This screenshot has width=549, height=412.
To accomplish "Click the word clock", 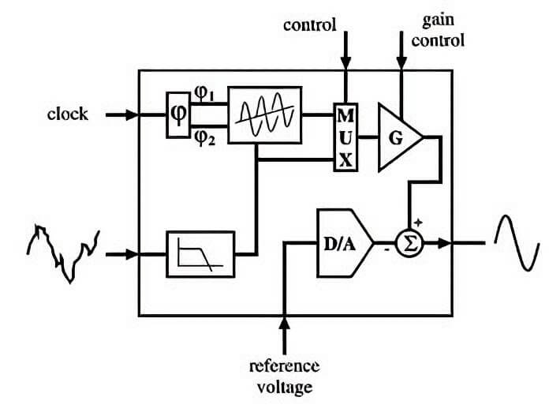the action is click(68, 114).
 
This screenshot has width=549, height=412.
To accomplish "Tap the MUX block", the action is click(345, 137).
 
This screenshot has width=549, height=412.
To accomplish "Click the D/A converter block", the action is click(345, 243).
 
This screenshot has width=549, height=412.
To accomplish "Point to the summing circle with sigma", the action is click(409, 243).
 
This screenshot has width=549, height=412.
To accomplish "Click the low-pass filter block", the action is click(200, 254).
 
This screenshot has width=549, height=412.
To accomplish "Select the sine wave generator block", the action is click(265, 115).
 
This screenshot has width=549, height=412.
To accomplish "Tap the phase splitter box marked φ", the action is click(177, 114).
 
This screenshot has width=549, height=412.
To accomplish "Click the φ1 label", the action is click(204, 94).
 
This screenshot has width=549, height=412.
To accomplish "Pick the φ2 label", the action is click(205, 138).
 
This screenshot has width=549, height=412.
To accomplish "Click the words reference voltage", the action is click(284, 377).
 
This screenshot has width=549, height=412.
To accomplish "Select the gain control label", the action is click(438, 31).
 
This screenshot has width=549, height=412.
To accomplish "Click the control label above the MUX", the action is click(309, 25).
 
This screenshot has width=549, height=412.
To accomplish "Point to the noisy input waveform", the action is click(63, 253).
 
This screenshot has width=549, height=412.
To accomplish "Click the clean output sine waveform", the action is click(517, 242).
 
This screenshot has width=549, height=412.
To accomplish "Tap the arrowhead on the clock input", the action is click(131, 114).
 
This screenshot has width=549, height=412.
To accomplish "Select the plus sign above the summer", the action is click(418, 222).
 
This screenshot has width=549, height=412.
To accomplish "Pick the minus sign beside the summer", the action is click(387, 249).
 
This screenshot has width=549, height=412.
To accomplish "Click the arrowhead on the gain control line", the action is click(401, 63).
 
